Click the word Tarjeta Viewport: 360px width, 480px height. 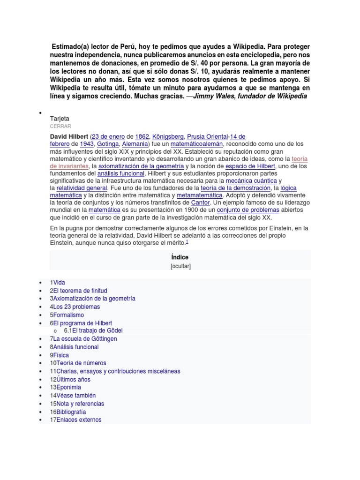(60, 119)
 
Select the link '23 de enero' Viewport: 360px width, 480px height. (111, 136)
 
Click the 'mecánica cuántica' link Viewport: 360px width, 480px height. (251, 180)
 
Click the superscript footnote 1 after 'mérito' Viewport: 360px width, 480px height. (187, 241)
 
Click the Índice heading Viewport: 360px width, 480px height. (180, 257)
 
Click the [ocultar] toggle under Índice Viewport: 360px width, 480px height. (180, 266)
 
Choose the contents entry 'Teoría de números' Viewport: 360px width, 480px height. (81, 363)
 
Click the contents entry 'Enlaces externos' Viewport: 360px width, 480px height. (78, 420)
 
